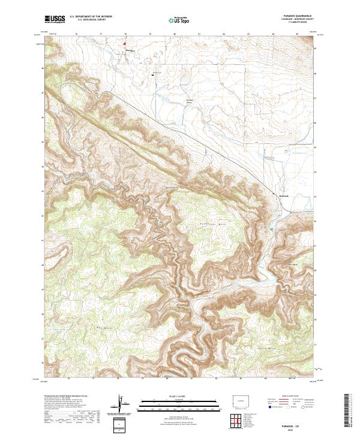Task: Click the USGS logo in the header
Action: click(55, 20)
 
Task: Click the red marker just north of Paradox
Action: click(126, 44)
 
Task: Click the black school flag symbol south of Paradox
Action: click(153, 75)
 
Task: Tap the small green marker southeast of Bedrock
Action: click(271, 229)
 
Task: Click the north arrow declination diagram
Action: click(122, 406)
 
